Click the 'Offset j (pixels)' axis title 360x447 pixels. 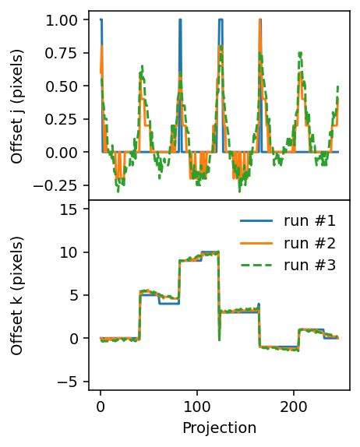[x=16, y=105]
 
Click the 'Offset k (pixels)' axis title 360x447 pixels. [x=16, y=296]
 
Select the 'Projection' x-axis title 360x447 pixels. [x=219, y=428]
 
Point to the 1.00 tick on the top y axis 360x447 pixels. [x=65, y=19]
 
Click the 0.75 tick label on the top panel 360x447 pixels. [x=65, y=53]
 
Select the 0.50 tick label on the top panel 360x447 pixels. [x=65, y=86]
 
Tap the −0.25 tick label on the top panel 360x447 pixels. [x=62, y=185]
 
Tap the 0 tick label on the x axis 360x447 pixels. [x=101, y=407]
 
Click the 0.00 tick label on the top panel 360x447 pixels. [x=65, y=152]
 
